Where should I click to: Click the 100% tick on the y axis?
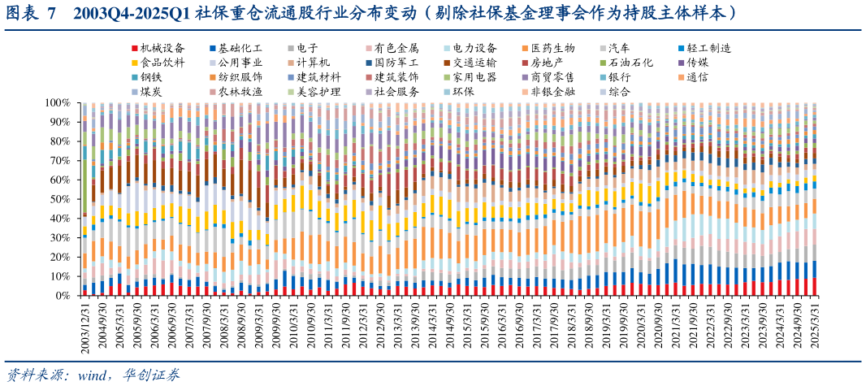pyautogui.click(x=56, y=103)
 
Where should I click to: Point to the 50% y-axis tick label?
pyautogui.click(x=58, y=199)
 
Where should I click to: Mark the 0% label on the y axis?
pyautogui.click(x=62, y=296)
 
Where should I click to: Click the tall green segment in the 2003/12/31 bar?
pyautogui.click(x=84, y=187)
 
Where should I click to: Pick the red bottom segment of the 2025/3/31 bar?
pyautogui.click(x=815, y=287)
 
